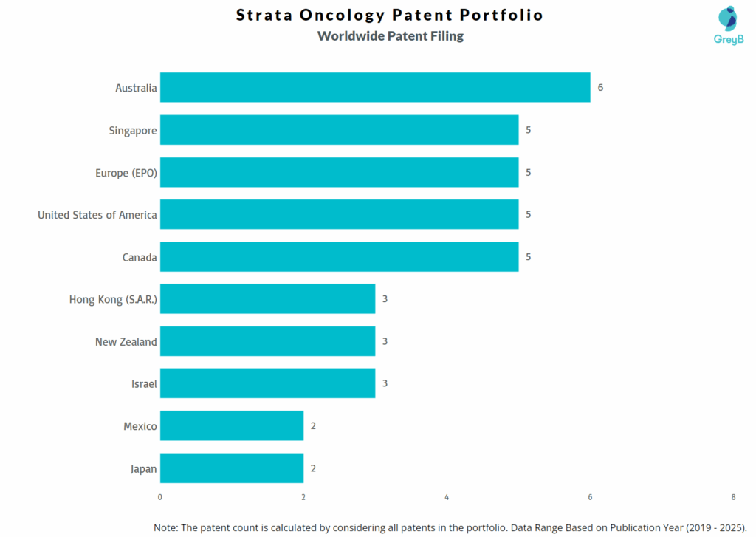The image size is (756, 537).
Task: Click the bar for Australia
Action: tap(375, 87)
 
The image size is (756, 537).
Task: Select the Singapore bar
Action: tap(339, 130)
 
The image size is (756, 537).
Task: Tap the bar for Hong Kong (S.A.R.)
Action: tap(267, 299)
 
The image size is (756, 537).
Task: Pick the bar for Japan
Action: tap(232, 468)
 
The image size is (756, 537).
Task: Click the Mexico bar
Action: tap(232, 426)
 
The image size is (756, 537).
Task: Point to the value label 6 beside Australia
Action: tap(600, 87)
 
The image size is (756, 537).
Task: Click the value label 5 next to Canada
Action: tap(529, 257)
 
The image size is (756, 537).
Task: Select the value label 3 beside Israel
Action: tap(385, 383)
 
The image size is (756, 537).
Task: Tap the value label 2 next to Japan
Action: tap(313, 468)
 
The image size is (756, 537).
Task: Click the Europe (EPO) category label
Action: tap(126, 173)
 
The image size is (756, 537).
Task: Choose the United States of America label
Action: tap(97, 215)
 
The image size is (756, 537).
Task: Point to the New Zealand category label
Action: tap(126, 342)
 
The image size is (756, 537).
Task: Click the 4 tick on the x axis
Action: tap(447, 497)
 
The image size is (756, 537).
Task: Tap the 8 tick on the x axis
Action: tap(733, 497)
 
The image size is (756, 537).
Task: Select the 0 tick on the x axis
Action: tap(160, 497)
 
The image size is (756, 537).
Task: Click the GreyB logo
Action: tap(727, 25)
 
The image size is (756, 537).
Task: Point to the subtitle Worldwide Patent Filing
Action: tap(390, 35)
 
